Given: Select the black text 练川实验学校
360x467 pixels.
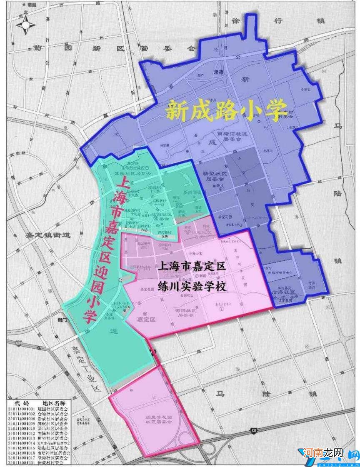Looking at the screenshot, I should [x=192, y=285].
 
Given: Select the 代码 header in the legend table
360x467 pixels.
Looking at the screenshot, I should [x=22, y=403].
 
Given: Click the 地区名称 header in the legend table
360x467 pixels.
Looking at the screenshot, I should [x=54, y=403].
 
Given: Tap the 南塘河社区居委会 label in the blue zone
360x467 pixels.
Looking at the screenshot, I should [x=232, y=137].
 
